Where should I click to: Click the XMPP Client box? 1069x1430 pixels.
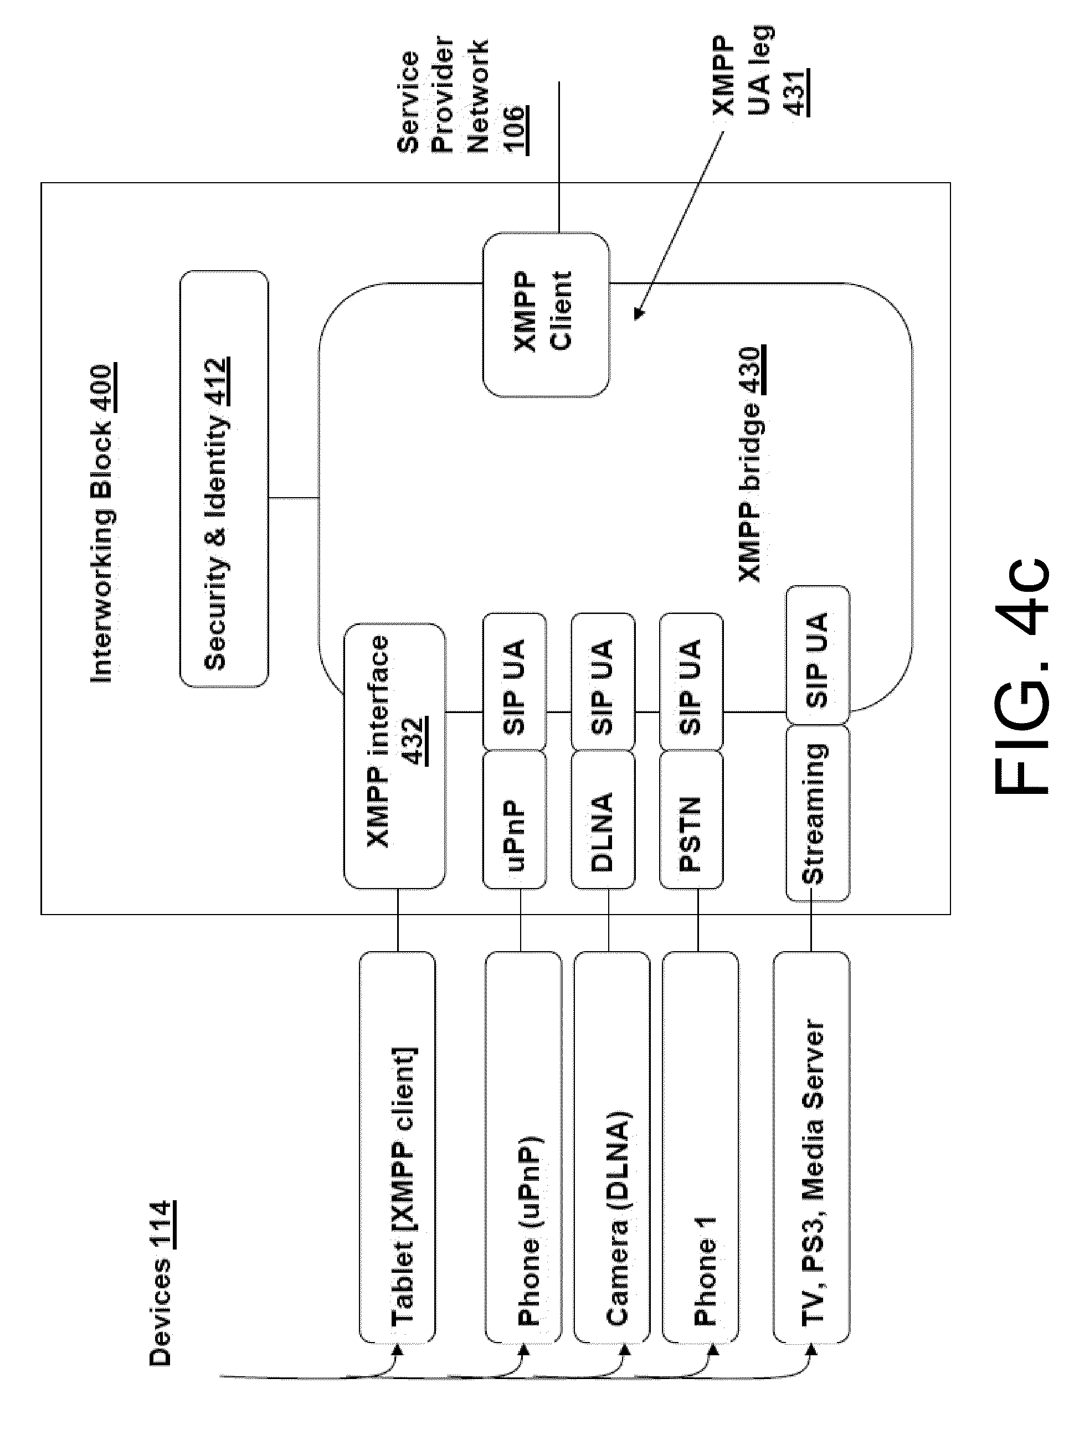546,315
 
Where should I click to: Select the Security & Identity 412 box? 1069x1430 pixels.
224,478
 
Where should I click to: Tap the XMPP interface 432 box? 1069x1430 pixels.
394,756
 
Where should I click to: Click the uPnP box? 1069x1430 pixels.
515,819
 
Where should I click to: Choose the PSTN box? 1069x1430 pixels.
691,819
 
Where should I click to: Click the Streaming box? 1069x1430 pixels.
818,813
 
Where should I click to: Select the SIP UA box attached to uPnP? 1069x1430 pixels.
515,682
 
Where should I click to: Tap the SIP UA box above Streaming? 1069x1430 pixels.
818,655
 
